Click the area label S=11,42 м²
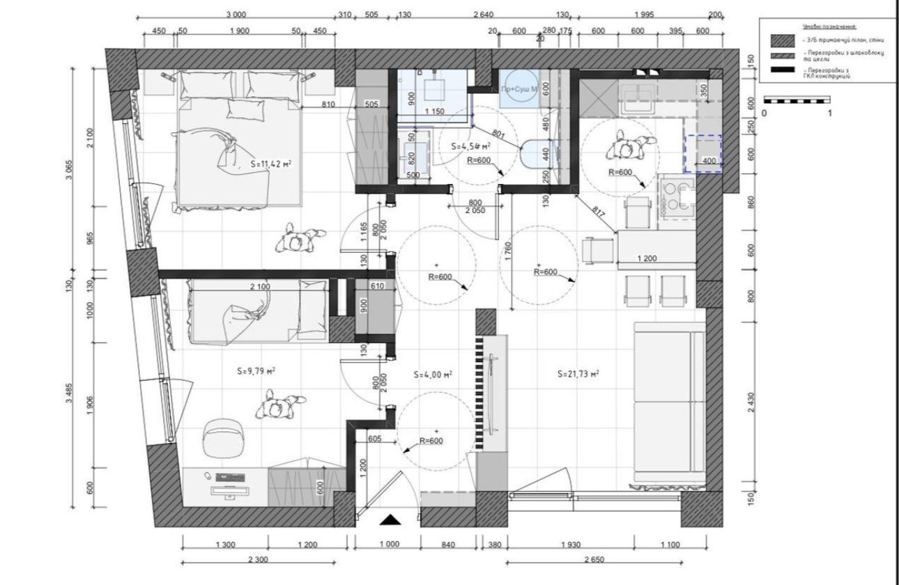coord(270,165)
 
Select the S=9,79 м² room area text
coord(256,372)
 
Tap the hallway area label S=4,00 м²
coord(433,374)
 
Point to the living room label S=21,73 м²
coord(578,374)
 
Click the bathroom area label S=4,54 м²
coord(470,147)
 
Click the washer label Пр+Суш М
coord(518,90)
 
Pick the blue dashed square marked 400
coord(703,153)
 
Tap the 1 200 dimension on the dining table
coord(647,259)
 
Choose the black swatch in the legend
coord(781,71)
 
